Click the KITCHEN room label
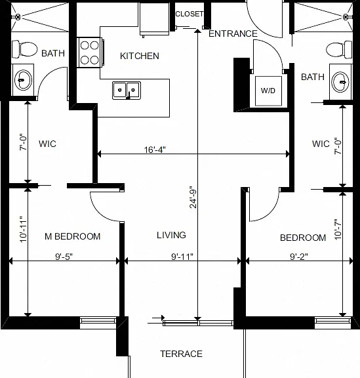pyautogui.click(x=140, y=56)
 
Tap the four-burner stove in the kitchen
pyautogui.click(x=90, y=52)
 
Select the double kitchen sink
pyautogui.click(x=127, y=91)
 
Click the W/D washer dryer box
pyautogui.click(x=268, y=91)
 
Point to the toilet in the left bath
pyautogui.click(x=24, y=49)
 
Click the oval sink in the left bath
pyautogui.click(x=23, y=80)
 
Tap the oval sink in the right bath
pyautogui.click(x=340, y=82)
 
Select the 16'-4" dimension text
pyautogui.click(x=155, y=150)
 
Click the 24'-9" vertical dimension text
pyautogui.click(x=193, y=197)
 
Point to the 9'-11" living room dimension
pyautogui.click(x=182, y=257)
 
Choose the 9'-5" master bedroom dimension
pyautogui.click(x=64, y=257)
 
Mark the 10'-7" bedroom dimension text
pyautogui.click(x=338, y=229)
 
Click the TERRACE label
pyautogui.click(x=182, y=354)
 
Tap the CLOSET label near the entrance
pyautogui.click(x=190, y=14)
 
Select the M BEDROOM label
pyautogui.click(x=73, y=236)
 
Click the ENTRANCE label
pyautogui.click(x=233, y=33)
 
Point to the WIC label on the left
pyautogui.click(x=47, y=144)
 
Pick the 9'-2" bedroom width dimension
pyautogui.click(x=299, y=257)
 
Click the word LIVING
pyautogui.click(x=171, y=235)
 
